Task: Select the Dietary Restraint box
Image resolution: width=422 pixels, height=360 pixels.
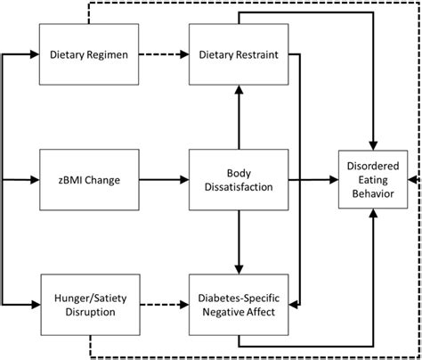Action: (238, 55)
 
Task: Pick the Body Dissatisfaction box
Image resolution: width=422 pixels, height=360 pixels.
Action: (238, 179)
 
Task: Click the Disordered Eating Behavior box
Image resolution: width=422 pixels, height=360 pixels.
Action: (372, 179)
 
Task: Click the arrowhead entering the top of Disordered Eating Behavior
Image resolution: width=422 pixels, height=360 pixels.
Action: (373, 143)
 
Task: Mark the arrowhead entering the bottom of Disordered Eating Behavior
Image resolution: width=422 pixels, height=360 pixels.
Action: (373, 216)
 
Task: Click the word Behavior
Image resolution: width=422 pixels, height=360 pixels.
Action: (372, 193)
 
